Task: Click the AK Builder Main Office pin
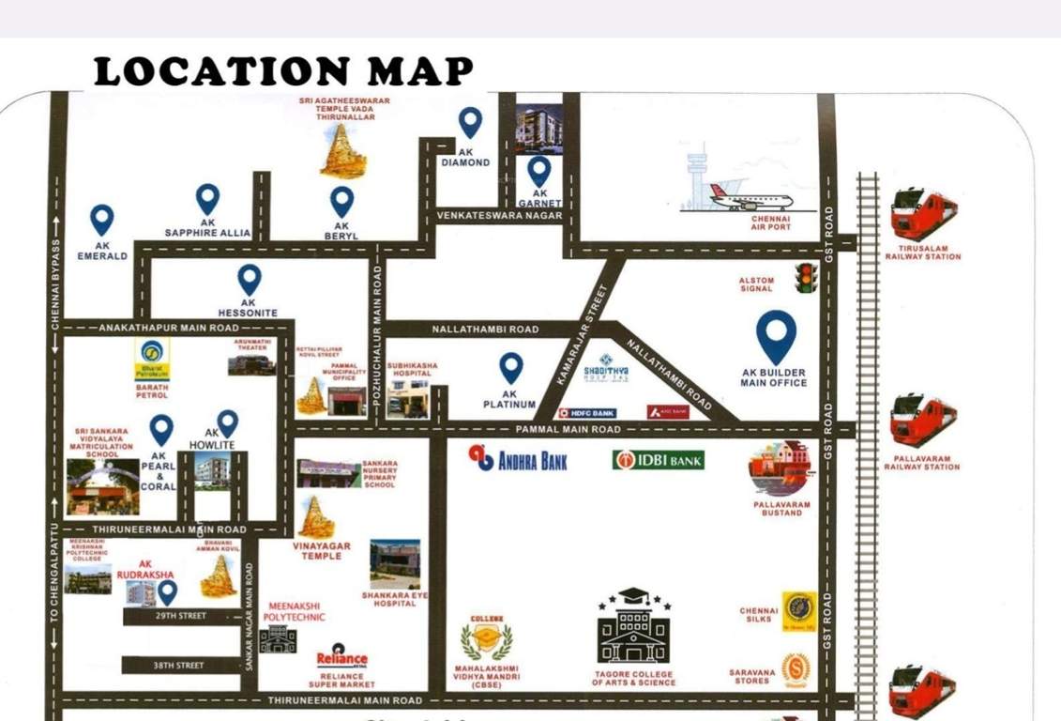(x=777, y=336)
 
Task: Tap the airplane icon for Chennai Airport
(x=750, y=197)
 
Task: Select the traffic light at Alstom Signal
(x=805, y=278)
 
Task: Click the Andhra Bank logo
(x=519, y=459)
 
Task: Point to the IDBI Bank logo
(x=659, y=460)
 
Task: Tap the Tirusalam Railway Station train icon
(x=923, y=213)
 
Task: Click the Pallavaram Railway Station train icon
(x=923, y=420)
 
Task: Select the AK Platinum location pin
(x=510, y=367)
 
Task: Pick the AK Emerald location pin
(x=101, y=220)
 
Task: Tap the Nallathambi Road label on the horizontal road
(x=485, y=330)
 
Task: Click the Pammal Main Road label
(x=568, y=429)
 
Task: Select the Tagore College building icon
(x=633, y=629)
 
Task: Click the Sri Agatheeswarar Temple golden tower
(x=343, y=151)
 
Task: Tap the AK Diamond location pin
(x=470, y=122)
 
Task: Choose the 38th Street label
(x=178, y=666)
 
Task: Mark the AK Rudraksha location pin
(x=167, y=591)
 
